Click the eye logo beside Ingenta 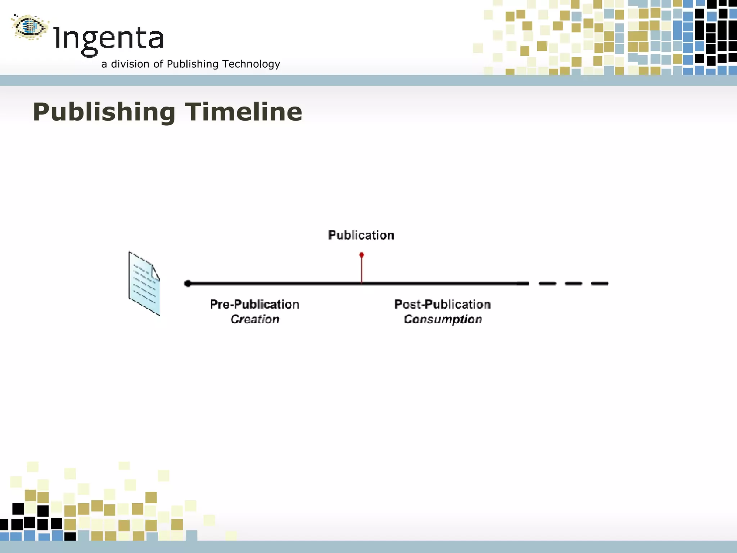pyautogui.click(x=30, y=27)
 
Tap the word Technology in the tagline pyautogui.click(x=251, y=64)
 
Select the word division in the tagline pyautogui.click(x=130, y=64)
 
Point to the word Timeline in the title pyautogui.click(x=244, y=112)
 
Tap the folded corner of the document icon pyautogui.click(x=155, y=273)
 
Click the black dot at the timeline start pyautogui.click(x=187, y=284)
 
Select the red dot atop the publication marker pyautogui.click(x=362, y=255)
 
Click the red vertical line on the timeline pyautogui.click(x=362, y=270)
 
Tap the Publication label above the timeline pyautogui.click(x=361, y=235)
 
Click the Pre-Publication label pyautogui.click(x=255, y=305)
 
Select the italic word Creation pyautogui.click(x=255, y=319)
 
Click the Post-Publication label pyautogui.click(x=442, y=305)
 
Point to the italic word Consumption pyautogui.click(x=443, y=319)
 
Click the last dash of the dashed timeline pyautogui.click(x=600, y=284)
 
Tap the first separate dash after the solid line pyautogui.click(x=547, y=284)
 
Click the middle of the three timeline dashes pyautogui.click(x=574, y=284)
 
